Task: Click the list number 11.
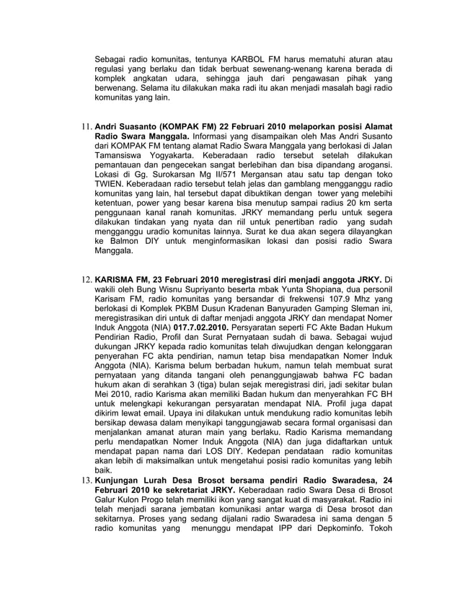coord(85,134)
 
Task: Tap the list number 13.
coord(85,480)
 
